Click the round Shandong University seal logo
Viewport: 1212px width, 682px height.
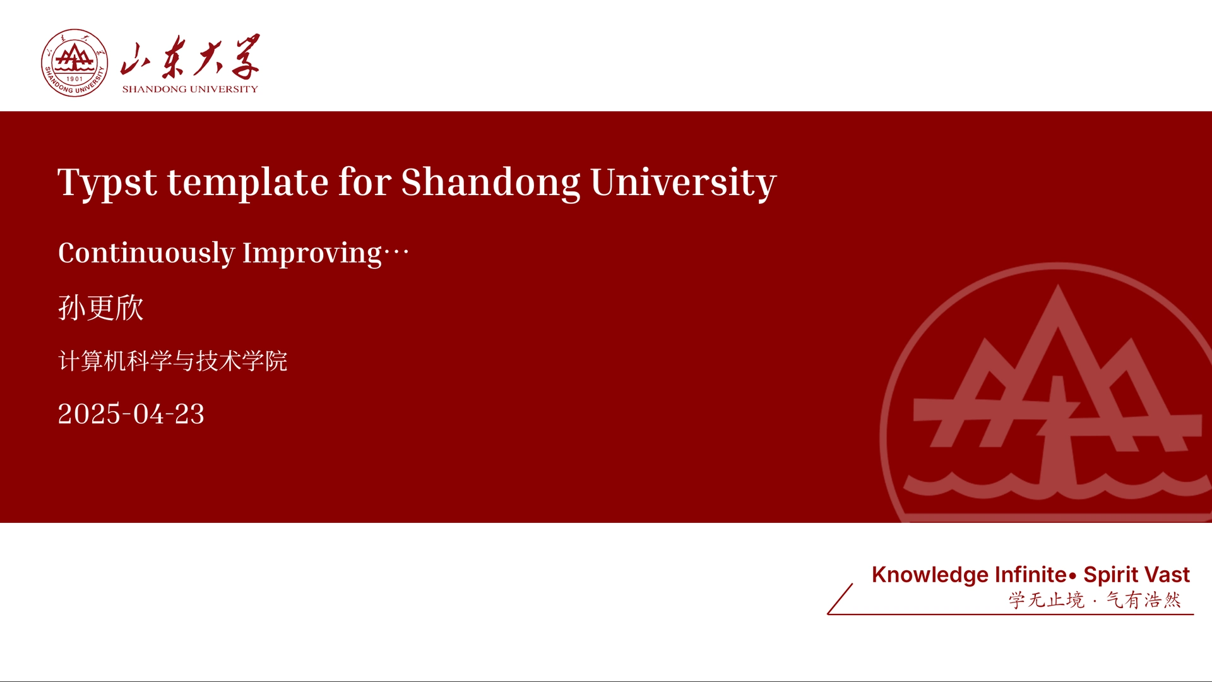pos(74,63)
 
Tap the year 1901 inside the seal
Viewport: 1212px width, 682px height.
pos(74,79)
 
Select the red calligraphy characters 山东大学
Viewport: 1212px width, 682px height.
pos(190,57)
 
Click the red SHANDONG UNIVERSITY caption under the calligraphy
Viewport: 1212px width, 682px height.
pos(190,89)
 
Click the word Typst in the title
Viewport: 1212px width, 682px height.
pos(107,183)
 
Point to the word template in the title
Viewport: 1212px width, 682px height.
pos(247,183)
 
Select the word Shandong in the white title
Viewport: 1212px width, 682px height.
pos(490,183)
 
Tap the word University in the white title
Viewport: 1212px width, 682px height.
pos(684,183)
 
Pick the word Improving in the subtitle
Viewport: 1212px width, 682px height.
pos(312,253)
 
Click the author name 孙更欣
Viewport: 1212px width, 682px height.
pos(101,308)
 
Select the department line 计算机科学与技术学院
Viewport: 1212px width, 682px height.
pos(173,361)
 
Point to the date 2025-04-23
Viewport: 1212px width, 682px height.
pos(131,414)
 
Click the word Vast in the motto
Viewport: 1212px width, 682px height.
pos(1168,575)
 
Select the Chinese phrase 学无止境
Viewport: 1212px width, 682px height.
pos(1046,599)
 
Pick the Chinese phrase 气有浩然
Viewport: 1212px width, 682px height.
pos(1143,599)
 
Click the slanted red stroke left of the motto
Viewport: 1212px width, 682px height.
pos(840,599)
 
